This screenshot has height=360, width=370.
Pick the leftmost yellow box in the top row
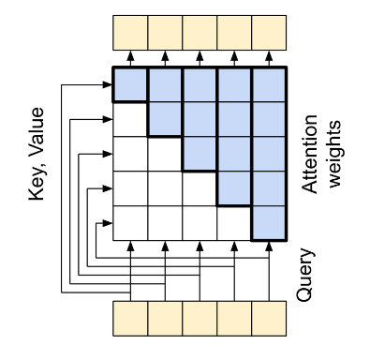[130, 33]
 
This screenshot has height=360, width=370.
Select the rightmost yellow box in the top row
[269, 33]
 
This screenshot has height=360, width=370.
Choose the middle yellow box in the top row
[200, 33]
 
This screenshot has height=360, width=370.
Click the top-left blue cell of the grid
[130, 84]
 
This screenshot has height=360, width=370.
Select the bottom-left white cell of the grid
[130, 222]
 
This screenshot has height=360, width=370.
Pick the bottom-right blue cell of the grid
[269, 222]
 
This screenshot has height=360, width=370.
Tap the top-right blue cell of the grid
[269, 84]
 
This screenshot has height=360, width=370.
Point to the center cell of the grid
[200, 154]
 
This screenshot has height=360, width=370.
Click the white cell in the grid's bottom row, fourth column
[234, 222]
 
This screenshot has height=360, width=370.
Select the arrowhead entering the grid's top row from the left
[108, 84]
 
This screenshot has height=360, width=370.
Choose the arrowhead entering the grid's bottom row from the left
[108, 222]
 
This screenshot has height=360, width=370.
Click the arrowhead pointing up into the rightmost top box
[269, 56]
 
